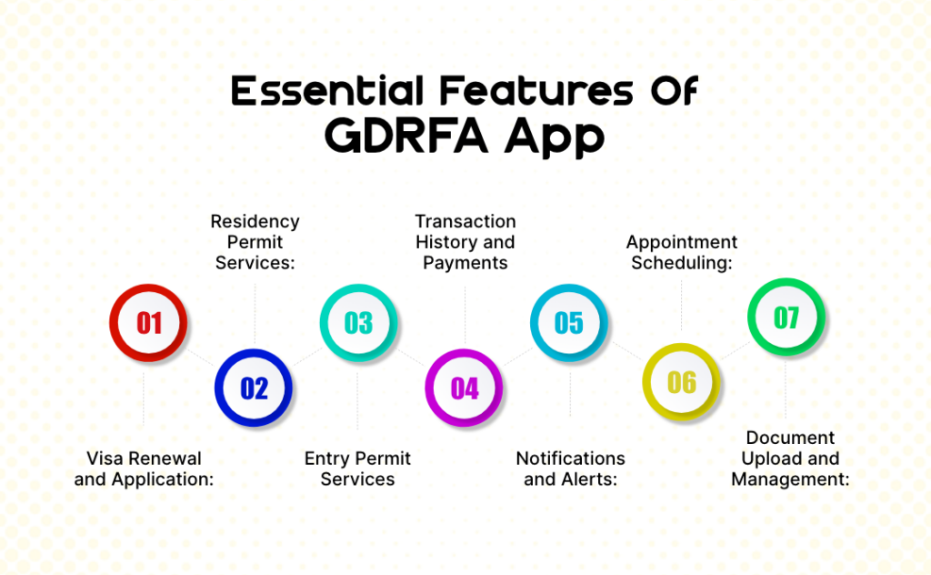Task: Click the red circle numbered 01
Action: pyautogui.click(x=148, y=323)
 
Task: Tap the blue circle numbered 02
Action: pyautogui.click(x=254, y=388)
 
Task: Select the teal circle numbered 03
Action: pyautogui.click(x=358, y=323)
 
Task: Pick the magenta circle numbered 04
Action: pyautogui.click(x=465, y=388)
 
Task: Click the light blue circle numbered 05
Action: pyautogui.click(x=569, y=323)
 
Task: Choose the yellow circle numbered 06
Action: pyautogui.click(x=681, y=382)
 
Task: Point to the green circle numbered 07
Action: pyautogui.click(x=786, y=318)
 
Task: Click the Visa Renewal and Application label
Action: pyautogui.click(x=144, y=469)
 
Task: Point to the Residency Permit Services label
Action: pyautogui.click(x=255, y=242)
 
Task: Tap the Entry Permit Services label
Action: pyautogui.click(x=357, y=469)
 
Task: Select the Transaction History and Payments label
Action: pyautogui.click(x=465, y=242)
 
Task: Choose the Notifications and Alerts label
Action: pyautogui.click(x=570, y=469)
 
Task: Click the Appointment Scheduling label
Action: pyautogui.click(x=681, y=252)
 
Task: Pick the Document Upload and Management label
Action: pyautogui.click(x=790, y=458)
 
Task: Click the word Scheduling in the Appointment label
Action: pyautogui.click(x=681, y=263)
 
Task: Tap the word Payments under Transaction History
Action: pyautogui.click(x=465, y=263)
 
